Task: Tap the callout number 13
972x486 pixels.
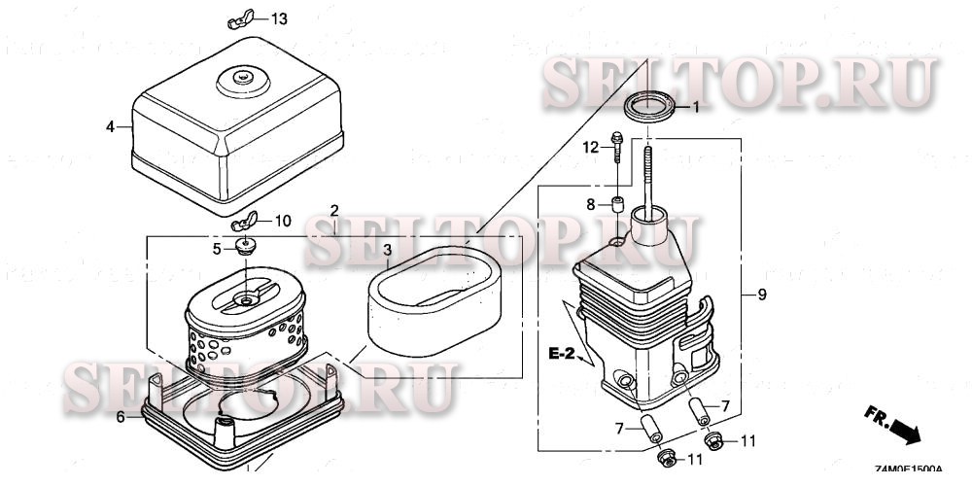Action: pos(279,19)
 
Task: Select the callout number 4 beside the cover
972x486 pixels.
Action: pos(111,126)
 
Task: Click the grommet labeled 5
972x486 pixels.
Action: pos(245,247)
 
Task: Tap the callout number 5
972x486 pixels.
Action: pos(218,248)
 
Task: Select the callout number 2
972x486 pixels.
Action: pos(334,211)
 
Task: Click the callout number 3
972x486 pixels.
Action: pos(387,251)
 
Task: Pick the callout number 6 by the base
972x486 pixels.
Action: pos(121,417)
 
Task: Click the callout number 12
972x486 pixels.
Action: pos(588,148)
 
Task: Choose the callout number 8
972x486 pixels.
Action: pos(589,204)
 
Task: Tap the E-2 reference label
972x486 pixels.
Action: pos(561,354)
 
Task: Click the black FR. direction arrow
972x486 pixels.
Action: pos(904,427)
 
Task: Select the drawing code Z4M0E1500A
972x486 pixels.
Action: pos(908,470)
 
